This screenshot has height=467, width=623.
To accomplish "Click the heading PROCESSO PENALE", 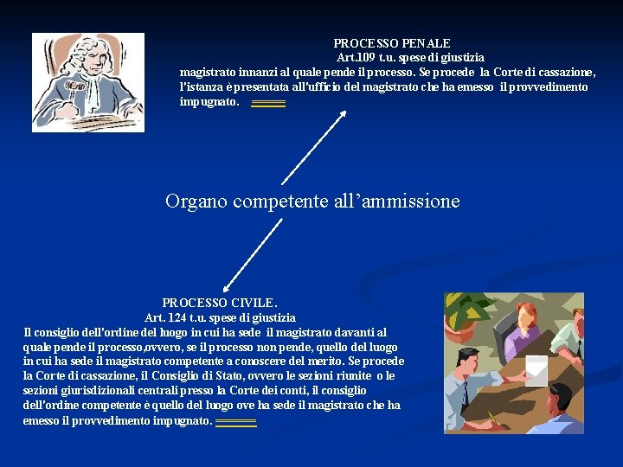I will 392,42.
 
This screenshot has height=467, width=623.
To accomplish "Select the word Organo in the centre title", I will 195,202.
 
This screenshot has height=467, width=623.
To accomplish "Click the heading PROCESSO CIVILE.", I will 220,303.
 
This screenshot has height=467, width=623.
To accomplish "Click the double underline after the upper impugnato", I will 268,104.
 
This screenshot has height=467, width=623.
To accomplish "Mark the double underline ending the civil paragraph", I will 235,423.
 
